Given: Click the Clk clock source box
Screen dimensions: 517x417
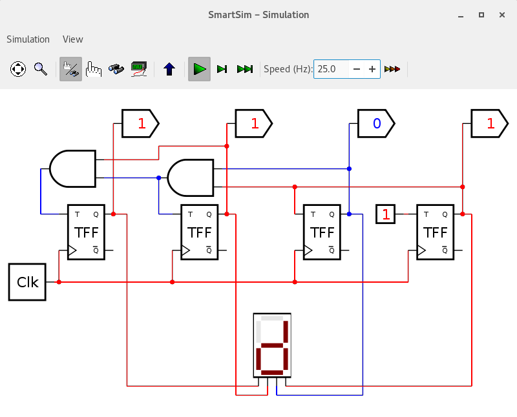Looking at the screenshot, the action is pos(27,282).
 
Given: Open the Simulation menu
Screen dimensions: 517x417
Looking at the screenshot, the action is pos(28,39).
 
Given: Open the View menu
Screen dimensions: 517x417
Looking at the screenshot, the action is pos(73,39).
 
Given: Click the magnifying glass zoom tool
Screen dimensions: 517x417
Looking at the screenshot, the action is pos(41,69).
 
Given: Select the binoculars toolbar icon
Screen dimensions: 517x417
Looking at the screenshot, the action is pos(116,69).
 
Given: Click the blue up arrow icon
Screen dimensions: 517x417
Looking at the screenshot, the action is pos(169,69).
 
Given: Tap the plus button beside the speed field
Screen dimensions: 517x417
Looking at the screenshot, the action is pos(372,69).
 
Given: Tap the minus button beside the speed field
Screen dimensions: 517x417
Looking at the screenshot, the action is pos(357,69).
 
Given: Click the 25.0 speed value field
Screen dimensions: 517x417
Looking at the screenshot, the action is pos(331,69).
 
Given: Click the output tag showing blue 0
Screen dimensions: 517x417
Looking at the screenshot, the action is pos(376,123).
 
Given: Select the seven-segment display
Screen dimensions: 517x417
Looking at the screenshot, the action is pos(272,345).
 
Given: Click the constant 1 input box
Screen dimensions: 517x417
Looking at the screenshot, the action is pos(385,214).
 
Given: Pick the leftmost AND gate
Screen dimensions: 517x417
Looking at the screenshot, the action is pos(73,168).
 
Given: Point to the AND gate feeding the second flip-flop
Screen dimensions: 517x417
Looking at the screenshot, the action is pos(191,178).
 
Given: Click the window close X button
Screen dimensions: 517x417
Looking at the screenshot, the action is pos(502,15).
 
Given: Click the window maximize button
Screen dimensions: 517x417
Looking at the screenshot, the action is pos(481,15).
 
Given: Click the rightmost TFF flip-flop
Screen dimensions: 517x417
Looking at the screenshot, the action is pos(435,232).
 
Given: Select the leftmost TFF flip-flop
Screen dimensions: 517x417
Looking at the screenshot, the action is pos(86,232).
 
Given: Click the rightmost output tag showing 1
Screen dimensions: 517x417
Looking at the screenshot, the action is pos(490,123).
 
